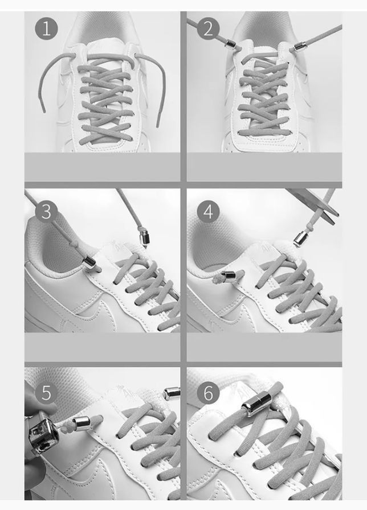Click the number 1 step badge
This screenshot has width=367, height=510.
point(47,28)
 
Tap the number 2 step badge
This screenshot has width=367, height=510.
point(209,28)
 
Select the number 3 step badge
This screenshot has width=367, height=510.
point(47,211)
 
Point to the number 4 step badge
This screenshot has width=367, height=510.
point(209,211)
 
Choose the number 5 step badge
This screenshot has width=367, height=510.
point(47,393)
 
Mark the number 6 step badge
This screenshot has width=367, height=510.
point(209,393)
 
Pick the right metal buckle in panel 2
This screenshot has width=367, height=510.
point(300,47)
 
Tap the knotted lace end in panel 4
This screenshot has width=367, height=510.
point(217,277)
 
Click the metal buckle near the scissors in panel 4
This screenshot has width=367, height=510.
point(301,238)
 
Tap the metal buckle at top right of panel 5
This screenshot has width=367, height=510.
point(172,393)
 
